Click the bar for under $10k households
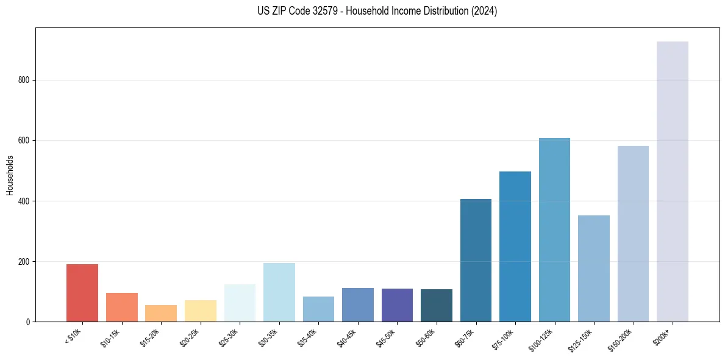coord(82,293)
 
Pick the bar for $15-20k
coord(161,313)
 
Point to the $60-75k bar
coord(476,260)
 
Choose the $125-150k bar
coord(593,268)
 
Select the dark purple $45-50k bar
coord(397,305)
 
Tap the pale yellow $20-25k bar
coord(200,311)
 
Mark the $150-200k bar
coord(633,234)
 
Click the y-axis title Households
coord(10,175)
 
